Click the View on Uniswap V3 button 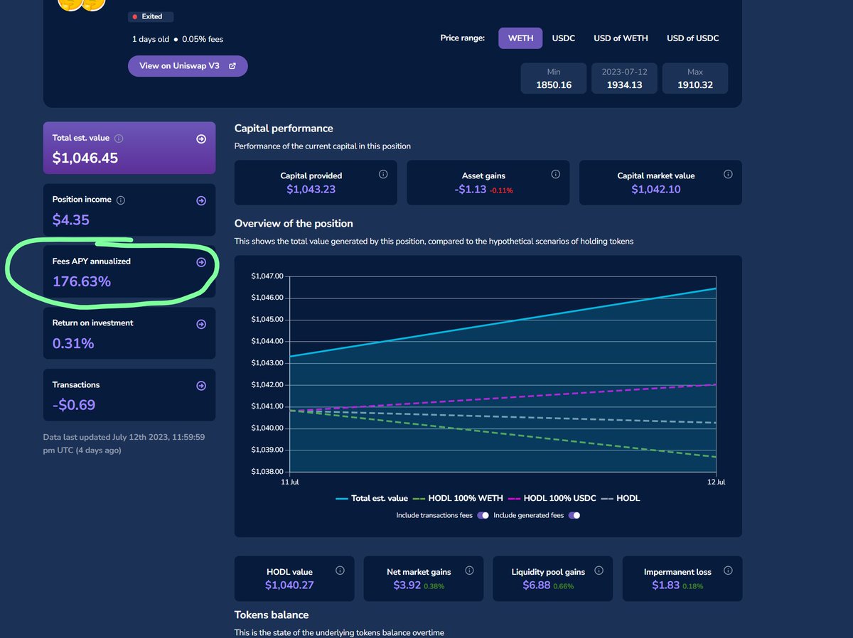(188, 65)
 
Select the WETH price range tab (520, 38)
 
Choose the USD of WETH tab (621, 38)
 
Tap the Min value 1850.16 (554, 85)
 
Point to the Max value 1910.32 (694, 85)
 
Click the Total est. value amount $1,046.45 (85, 158)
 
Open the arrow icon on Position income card (201, 201)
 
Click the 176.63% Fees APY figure (82, 281)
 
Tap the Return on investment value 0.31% (73, 343)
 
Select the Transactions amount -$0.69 (74, 405)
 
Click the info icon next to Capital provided (383, 174)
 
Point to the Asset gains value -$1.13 (470, 189)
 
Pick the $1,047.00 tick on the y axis (267, 276)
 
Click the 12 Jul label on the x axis (716, 482)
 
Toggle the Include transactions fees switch (483, 515)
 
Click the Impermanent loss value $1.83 (665, 585)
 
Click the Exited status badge (151, 16)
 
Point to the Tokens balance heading (272, 615)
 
